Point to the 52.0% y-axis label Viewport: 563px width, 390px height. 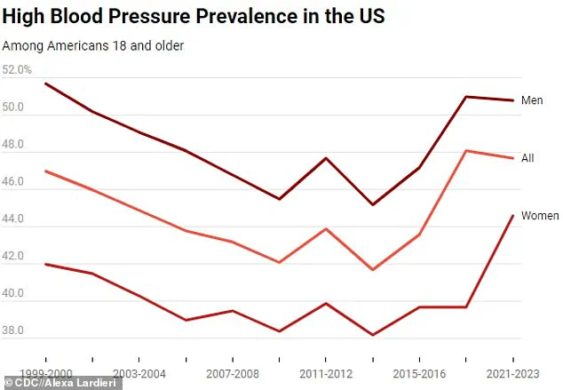[18, 69]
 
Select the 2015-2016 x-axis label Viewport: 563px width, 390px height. [418, 375]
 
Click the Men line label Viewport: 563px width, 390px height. [532, 100]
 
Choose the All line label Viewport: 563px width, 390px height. [527, 158]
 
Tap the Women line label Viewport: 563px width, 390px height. [539, 216]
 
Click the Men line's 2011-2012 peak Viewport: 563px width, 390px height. [326, 158]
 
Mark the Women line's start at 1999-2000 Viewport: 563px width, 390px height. [45, 264]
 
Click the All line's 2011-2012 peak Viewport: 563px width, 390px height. [326, 228]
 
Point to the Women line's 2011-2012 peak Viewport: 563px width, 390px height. [326, 303]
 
